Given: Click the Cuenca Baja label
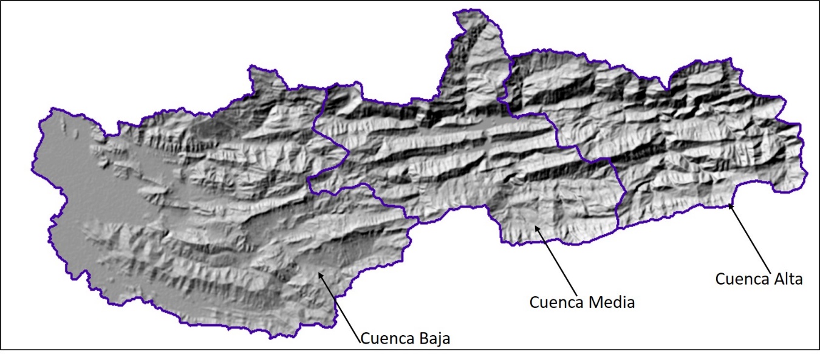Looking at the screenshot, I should pyautogui.click(x=406, y=338).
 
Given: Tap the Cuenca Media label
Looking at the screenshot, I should pyautogui.click(x=582, y=302).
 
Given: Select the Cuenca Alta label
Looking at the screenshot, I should pyautogui.click(x=759, y=279).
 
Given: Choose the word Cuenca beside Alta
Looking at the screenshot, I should pyautogui.click(x=739, y=279).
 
